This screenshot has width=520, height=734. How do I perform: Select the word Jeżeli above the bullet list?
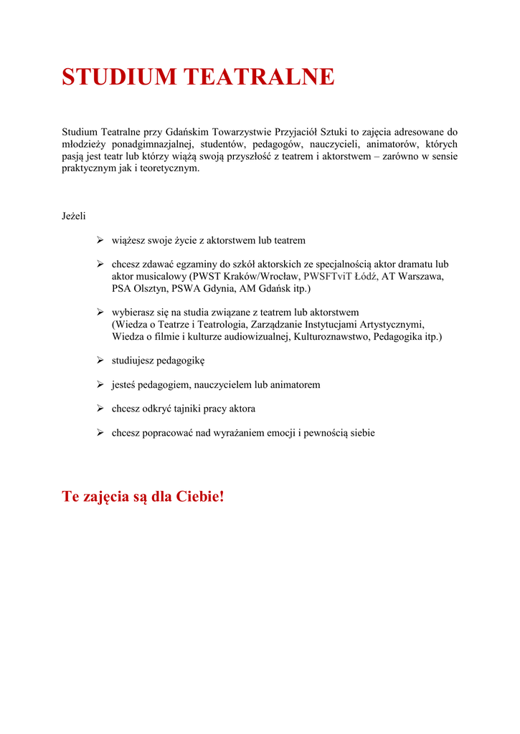click(x=74, y=216)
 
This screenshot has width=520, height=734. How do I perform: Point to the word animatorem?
click(x=295, y=384)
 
